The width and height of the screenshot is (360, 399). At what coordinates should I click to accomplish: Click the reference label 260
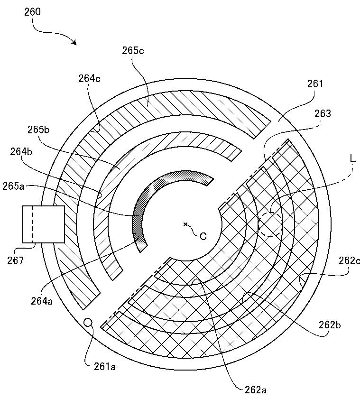point(32,12)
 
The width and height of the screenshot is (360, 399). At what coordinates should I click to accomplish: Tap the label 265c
point(133,51)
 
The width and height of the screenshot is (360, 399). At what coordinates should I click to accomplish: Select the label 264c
point(89,78)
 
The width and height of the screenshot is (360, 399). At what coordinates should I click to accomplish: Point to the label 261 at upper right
point(315,84)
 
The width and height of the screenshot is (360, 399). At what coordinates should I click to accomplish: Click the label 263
point(323,113)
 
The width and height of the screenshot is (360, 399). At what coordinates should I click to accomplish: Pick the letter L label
point(352,158)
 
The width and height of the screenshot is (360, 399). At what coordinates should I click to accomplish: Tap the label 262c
point(349,260)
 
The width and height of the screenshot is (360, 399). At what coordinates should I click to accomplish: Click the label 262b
point(330,325)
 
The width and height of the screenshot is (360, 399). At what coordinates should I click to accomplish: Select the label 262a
point(256,390)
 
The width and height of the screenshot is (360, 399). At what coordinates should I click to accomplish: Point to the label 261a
point(105,367)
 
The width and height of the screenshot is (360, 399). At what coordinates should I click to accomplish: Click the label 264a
point(42,301)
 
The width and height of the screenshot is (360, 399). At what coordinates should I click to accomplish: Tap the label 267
point(15,260)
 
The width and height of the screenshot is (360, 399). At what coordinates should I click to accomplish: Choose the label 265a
point(13,186)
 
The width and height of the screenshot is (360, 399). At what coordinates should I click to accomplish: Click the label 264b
point(21,152)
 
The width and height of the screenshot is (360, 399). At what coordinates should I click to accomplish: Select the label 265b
point(38,130)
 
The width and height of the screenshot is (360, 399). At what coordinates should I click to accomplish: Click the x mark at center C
point(185,224)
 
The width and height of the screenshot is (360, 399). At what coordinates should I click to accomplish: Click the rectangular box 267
point(44,224)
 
